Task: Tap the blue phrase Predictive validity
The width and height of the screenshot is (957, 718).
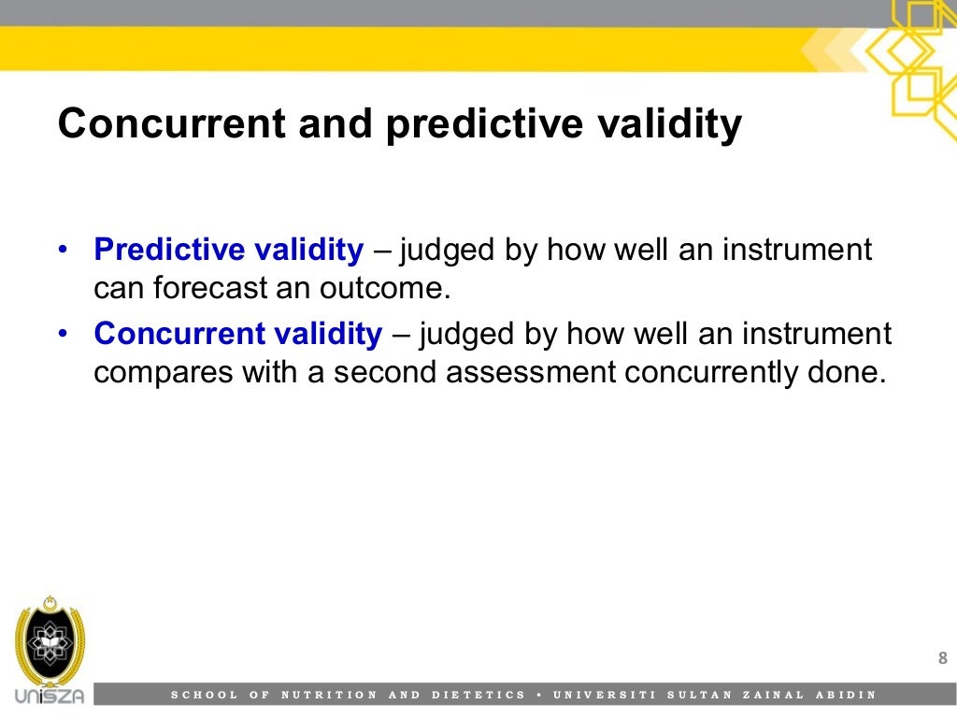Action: pyautogui.click(x=229, y=251)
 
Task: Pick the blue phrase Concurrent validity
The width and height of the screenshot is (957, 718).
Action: pyautogui.click(x=238, y=334)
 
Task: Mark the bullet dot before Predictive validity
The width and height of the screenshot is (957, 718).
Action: pyautogui.click(x=63, y=251)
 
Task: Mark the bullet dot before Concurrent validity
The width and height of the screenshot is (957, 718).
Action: pyautogui.click(x=63, y=334)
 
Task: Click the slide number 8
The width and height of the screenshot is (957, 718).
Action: pyautogui.click(x=942, y=659)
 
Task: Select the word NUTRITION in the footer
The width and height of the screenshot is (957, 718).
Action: pyautogui.click(x=330, y=695)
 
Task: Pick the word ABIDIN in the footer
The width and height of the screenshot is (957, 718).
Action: pyautogui.click(x=847, y=695)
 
